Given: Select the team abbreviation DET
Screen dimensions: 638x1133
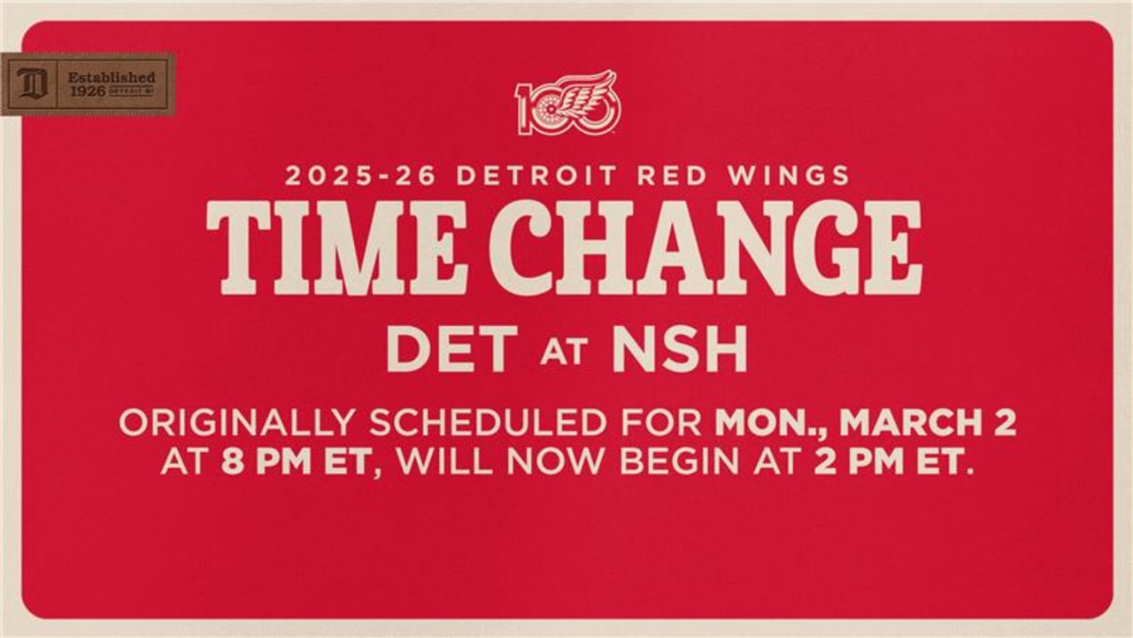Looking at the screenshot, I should pyautogui.click(x=451, y=349).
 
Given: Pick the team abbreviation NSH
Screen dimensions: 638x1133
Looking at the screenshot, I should pyautogui.click(x=679, y=349).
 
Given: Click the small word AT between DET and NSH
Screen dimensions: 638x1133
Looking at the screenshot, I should pyautogui.click(x=563, y=354).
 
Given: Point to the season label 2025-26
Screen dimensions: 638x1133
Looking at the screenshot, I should pyautogui.click(x=362, y=175).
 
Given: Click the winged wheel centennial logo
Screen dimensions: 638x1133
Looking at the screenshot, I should pyautogui.click(x=568, y=103).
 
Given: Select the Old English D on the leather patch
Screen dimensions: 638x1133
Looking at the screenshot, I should pyautogui.click(x=30, y=84).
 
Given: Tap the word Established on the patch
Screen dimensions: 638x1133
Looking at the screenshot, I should pyautogui.click(x=112, y=77).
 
